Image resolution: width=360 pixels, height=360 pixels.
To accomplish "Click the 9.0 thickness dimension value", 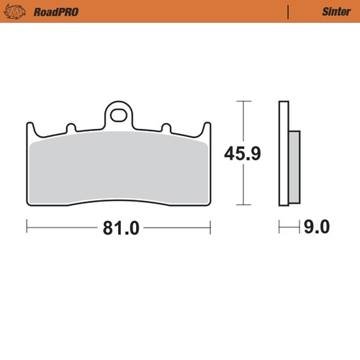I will tap(315, 229).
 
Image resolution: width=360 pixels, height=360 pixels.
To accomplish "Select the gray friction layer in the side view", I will tap(294, 166).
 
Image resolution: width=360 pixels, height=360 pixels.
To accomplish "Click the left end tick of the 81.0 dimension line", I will tap(27, 229).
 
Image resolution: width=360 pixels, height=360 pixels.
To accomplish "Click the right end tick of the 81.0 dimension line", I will tap(211, 229).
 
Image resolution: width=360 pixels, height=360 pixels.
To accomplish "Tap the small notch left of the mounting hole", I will tap(72, 128).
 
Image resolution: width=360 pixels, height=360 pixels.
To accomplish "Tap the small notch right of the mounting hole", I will tap(165, 128).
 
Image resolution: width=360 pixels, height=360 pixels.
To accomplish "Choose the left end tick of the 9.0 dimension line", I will tap(280, 229).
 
